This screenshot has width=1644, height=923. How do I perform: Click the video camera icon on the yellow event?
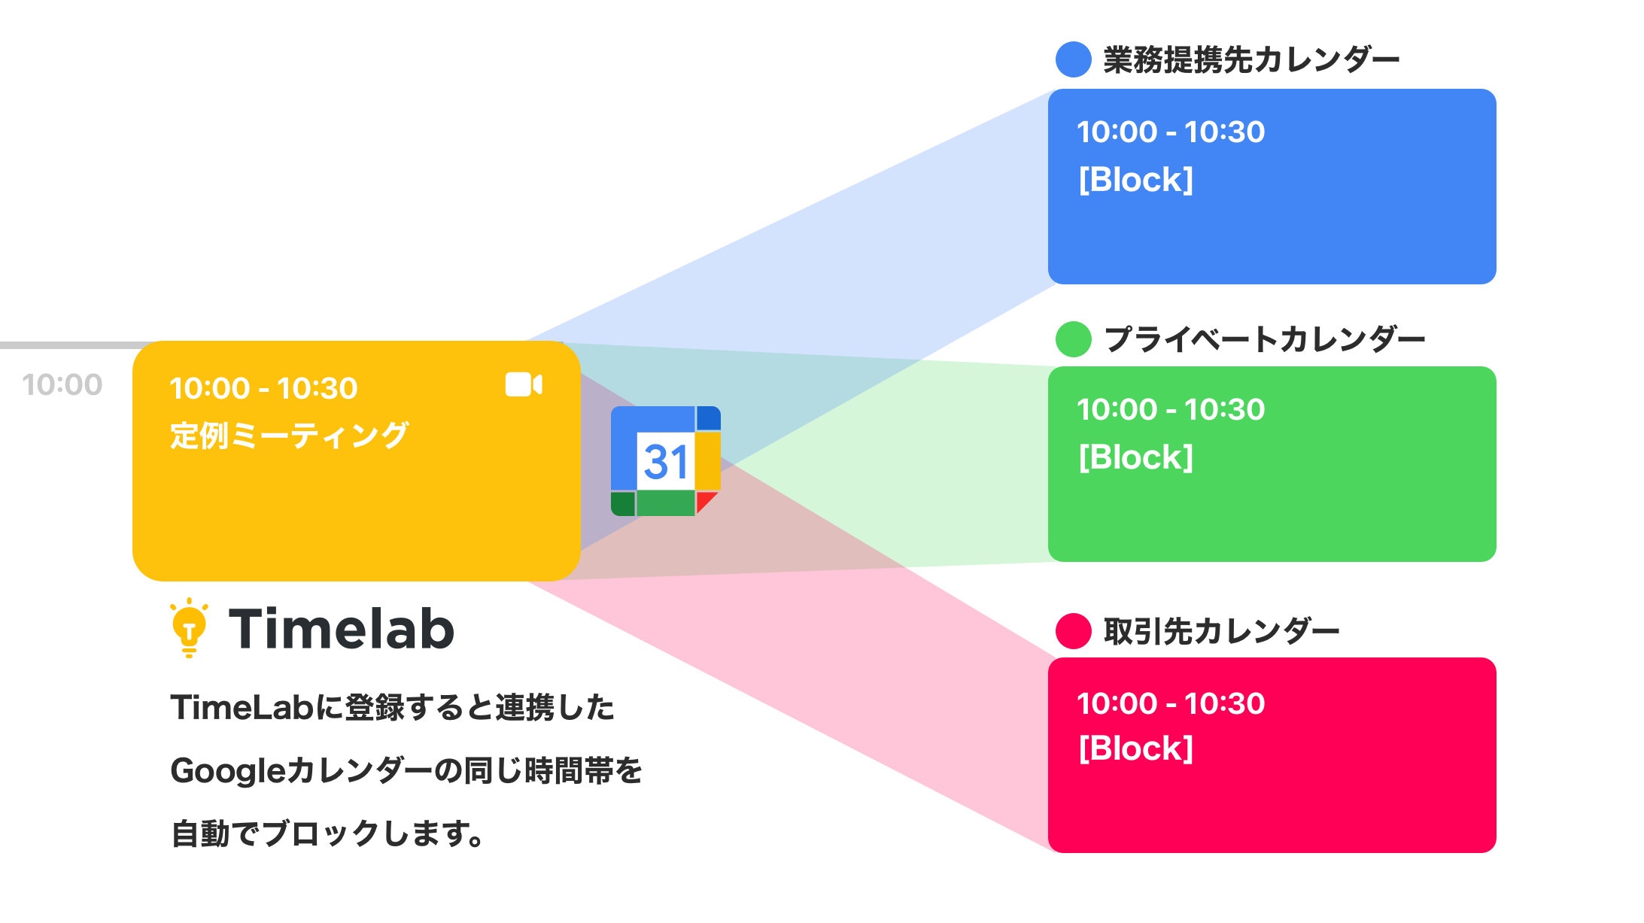coord(524,384)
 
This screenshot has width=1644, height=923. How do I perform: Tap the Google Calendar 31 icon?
coord(666,461)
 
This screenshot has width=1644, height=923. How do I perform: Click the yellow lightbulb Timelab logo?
coord(189,628)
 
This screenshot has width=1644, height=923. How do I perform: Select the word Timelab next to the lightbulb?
coord(342,629)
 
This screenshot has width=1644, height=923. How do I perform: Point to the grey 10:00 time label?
coord(62,384)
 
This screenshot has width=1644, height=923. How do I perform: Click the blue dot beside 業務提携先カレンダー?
coord(1073,59)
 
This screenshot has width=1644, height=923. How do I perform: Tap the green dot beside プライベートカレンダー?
coord(1073,339)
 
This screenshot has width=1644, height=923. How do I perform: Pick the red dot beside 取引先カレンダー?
coord(1073,630)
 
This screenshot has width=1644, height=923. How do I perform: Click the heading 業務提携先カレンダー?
coord(1250,59)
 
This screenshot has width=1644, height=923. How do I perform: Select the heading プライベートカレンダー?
coord(1264,339)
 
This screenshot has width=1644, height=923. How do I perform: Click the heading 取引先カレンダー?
coord(1220,630)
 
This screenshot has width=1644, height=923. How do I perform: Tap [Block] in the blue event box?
coord(1135,180)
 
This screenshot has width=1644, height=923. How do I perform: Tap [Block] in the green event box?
coord(1135,457)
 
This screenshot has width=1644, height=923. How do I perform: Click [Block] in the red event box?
coord(1135,748)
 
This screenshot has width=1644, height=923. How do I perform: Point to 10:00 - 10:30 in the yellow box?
coord(263,388)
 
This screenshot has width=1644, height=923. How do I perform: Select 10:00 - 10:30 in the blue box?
coord(1170,132)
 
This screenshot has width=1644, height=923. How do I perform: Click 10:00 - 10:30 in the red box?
coord(1170,703)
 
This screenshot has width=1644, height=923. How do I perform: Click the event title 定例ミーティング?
coord(289,436)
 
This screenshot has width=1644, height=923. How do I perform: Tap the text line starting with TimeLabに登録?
coord(392,707)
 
